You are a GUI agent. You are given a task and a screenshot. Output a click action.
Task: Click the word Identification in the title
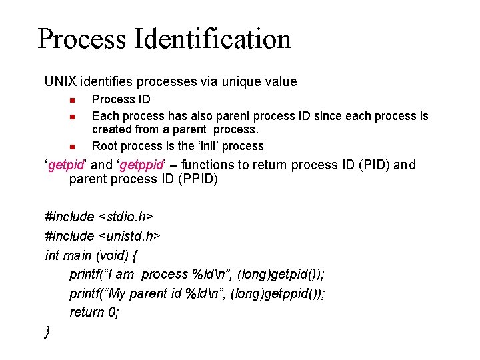(213, 39)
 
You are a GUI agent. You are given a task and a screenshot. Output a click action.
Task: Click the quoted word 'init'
(192, 146)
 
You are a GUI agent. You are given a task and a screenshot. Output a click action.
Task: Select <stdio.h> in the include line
(126, 217)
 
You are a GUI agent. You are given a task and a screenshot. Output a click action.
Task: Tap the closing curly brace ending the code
(47, 331)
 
